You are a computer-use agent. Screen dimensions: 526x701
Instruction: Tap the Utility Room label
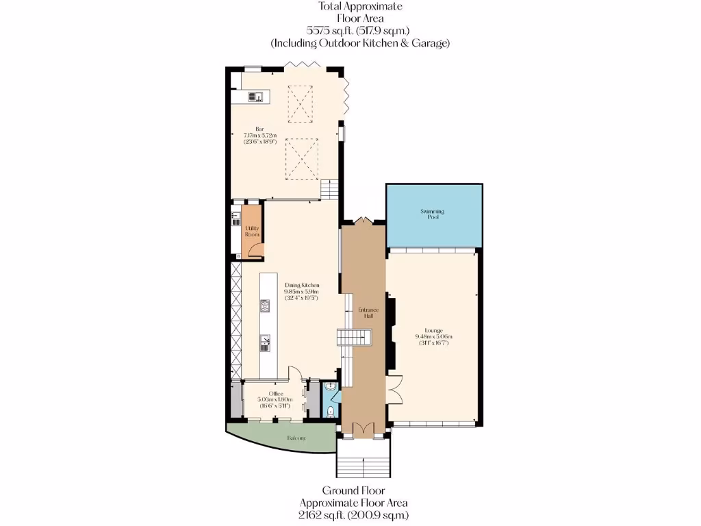[x=252, y=231]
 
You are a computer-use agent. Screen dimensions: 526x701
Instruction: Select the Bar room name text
[x=259, y=129]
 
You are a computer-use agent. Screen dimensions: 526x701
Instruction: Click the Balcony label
[x=296, y=438]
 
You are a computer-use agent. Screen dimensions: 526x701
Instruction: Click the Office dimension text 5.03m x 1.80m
[x=275, y=400]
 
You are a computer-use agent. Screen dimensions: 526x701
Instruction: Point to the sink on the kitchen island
[x=264, y=340]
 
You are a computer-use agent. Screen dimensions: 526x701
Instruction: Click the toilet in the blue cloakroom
[x=331, y=411]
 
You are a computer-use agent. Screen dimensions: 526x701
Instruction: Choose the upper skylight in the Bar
[x=301, y=103]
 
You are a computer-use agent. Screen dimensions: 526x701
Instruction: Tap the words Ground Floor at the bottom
[x=353, y=490]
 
